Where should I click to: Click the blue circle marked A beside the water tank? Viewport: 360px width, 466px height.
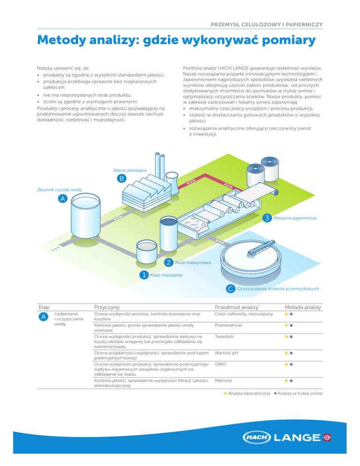pyautogui.click(x=62, y=198)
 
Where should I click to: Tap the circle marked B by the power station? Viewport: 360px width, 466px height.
pyautogui.click(x=121, y=178)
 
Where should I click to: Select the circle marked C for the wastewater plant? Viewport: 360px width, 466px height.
pyautogui.click(x=230, y=289)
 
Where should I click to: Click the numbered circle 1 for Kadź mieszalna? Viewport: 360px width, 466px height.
pyautogui.click(x=144, y=275)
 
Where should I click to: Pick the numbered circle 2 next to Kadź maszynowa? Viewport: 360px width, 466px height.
pyautogui.click(x=169, y=263)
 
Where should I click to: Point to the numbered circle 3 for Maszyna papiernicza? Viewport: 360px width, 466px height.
pyautogui.click(x=267, y=218)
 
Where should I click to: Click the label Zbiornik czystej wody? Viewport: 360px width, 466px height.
pyautogui.click(x=60, y=190)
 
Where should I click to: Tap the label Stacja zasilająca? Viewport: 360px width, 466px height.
pyautogui.click(x=130, y=170)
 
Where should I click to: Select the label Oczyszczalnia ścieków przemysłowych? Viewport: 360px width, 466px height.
pyautogui.click(x=277, y=289)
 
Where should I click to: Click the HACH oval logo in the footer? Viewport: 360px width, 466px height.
pyautogui.click(x=257, y=437)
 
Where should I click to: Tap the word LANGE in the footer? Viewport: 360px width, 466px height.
pyautogui.click(x=297, y=437)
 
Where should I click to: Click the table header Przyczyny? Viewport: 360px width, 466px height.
pyautogui.click(x=107, y=307)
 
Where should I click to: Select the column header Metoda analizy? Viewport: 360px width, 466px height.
pyautogui.click(x=303, y=307)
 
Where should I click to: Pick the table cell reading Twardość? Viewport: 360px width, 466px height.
pyautogui.click(x=225, y=337)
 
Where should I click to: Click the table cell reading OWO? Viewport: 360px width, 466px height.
pyautogui.click(x=221, y=364)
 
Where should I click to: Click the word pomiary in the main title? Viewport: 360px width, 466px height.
pyautogui.click(x=289, y=40)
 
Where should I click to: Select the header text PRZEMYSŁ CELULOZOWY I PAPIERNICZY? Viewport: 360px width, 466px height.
pyautogui.click(x=267, y=25)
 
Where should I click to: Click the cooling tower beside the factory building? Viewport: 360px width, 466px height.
pyautogui.click(x=172, y=183)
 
